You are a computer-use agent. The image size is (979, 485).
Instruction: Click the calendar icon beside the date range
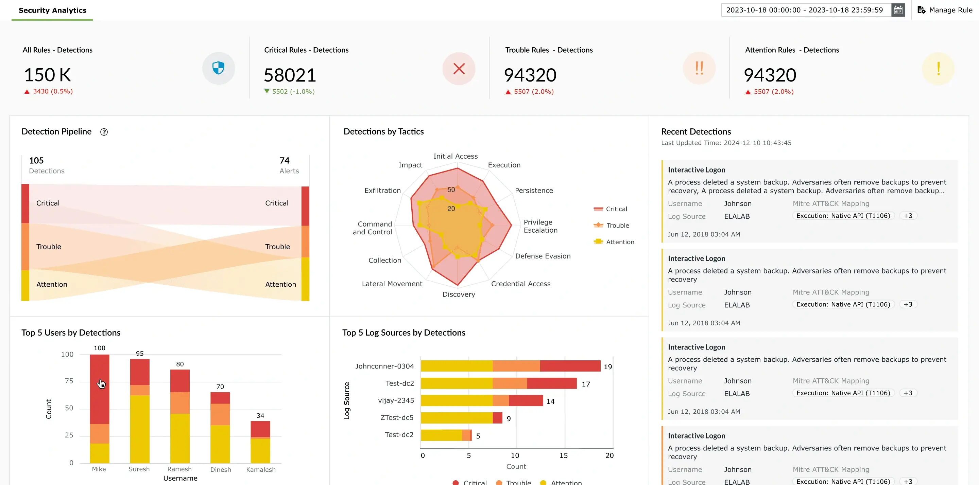pyautogui.click(x=898, y=10)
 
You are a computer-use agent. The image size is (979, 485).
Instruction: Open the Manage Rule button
pyautogui.click(x=945, y=10)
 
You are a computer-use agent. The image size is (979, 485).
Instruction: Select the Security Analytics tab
pyautogui.click(x=52, y=10)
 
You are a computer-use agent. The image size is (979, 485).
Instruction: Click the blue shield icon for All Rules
pyautogui.click(x=218, y=68)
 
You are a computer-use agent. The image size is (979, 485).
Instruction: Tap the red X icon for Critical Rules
pyautogui.click(x=459, y=69)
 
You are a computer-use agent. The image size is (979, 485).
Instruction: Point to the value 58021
pyautogui.click(x=290, y=75)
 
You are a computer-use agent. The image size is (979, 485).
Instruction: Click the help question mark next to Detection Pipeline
pyautogui.click(x=104, y=132)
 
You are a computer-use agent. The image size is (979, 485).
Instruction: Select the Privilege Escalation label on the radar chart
pyautogui.click(x=540, y=226)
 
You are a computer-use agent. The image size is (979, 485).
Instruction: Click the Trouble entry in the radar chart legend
pyautogui.click(x=617, y=225)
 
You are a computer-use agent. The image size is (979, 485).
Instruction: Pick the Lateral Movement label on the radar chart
pyautogui.click(x=392, y=284)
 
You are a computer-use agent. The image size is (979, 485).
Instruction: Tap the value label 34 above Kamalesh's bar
pyautogui.click(x=260, y=415)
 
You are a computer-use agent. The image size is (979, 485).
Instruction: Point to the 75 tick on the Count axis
pyautogui.click(x=69, y=381)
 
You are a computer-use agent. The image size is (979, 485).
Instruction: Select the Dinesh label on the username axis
pyautogui.click(x=220, y=469)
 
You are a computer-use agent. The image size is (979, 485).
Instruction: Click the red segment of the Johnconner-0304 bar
pyautogui.click(x=570, y=366)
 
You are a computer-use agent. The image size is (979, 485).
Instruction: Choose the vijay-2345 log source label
pyautogui.click(x=396, y=400)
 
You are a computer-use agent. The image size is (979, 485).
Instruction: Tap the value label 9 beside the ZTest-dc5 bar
pyautogui.click(x=509, y=418)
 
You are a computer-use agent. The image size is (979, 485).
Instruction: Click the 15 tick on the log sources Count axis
pyautogui.click(x=563, y=455)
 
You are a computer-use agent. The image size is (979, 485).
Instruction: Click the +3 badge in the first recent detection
pyautogui.click(x=908, y=216)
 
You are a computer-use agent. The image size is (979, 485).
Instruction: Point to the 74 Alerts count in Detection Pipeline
pyautogui.click(x=284, y=161)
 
